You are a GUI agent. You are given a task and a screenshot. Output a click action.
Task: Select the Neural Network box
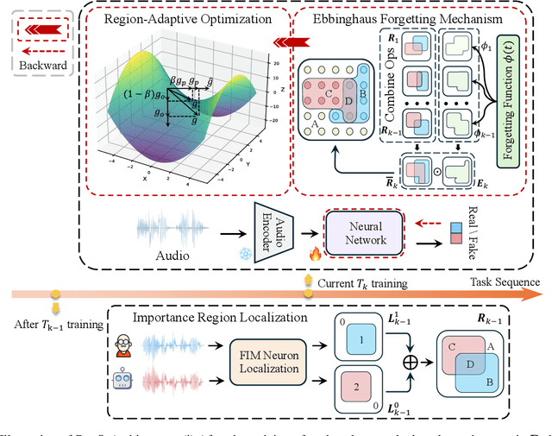[x=365, y=234]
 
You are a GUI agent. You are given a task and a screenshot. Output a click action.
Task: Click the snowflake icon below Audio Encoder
[x=245, y=257]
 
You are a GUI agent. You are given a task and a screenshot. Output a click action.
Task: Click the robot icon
[x=123, y=381]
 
